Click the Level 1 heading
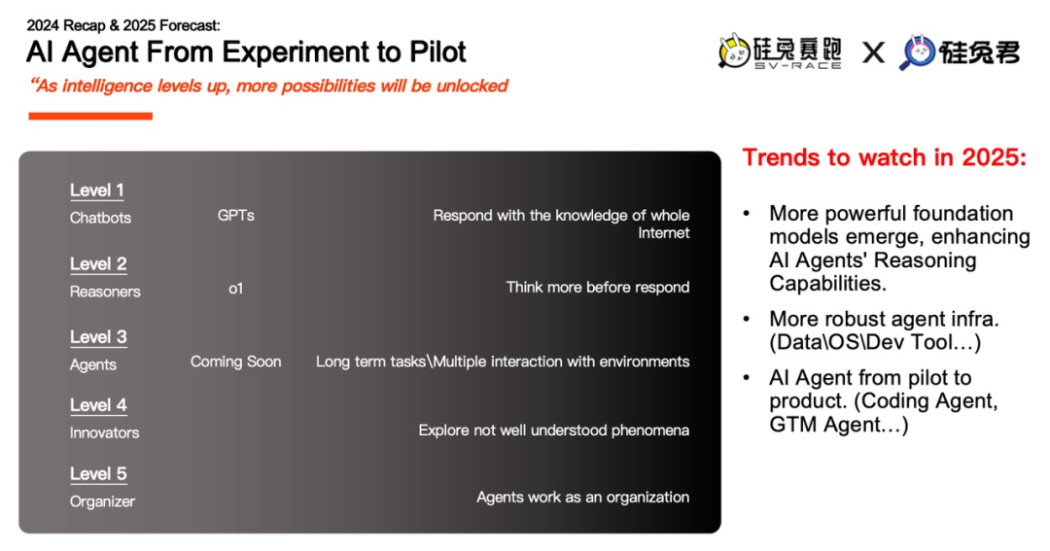pyautogui.click(x=97, y=190)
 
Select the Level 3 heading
pyautogui.click(x=98, y=337)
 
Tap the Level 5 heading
pyautogui.click(x=98, y=473)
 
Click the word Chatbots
pyautogui.click(x=100, y=218)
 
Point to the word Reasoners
pyautogui.click(x=105, y=292)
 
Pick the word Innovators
pyautogui.click(x=104, y=432)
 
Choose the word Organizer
pyautogui.click(x=102, y=501)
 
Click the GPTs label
pyautogui.click(x=235, y=215)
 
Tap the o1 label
pyautogui.click(x=235, y=289)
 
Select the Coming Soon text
pyautogui.click(x=235, y=362)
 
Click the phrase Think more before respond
pyautogui.click(x=597, y=288)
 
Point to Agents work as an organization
pyautogui.click(x=582, y=498)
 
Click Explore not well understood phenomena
pyautogui.click(x=554, y=430)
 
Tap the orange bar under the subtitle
pyautogui.click(x=90, y=117)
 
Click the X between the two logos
pyautogui.click(x=873, y=52)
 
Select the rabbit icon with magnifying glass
pyautogui.click(x=918, y=52)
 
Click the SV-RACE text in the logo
pyautogui.click(x=797, y=66)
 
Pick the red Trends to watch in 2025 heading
pyautogui.click(x=884, y=157)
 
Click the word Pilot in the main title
pyautogui.click(x=437, y=52)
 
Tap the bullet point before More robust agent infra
pyautogui.click(x=748, y=320)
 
